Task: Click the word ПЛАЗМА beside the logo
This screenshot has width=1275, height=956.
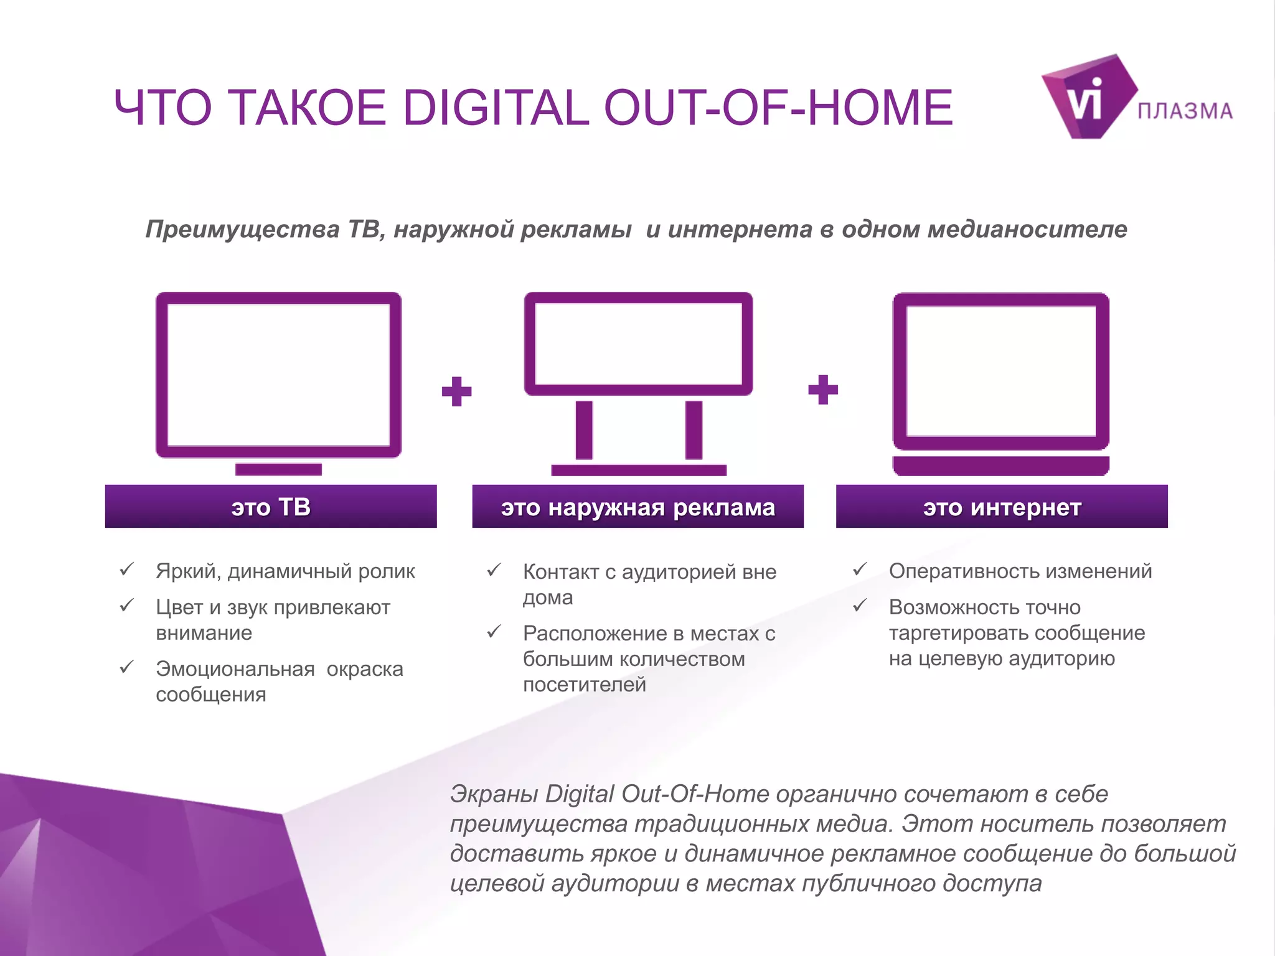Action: tap(1185, 111)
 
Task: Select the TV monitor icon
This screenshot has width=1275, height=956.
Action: tap(278, 375)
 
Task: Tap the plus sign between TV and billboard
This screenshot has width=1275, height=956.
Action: tap(456, 391)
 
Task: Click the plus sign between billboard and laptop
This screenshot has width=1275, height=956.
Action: tap(822, 390)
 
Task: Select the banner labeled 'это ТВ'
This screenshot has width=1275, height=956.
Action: tap(271, 507)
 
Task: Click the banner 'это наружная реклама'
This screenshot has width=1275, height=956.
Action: tap(637, 507)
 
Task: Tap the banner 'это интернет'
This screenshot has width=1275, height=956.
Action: tap(1002, 507)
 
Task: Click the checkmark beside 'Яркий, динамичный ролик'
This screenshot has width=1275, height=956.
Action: tap(127, 569)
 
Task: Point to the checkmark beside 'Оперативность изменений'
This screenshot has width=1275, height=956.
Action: tap(860, 569)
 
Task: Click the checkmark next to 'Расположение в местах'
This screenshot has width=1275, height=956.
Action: tap(494, 632)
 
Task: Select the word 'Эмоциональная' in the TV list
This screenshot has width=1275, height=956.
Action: tap(235, 669)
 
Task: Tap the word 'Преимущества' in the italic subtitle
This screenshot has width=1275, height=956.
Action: tap(242, 230)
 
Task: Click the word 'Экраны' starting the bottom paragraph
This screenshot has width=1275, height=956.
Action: tap(493, 794)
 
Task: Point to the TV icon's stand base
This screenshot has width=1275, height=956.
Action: tap(278, 469)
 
